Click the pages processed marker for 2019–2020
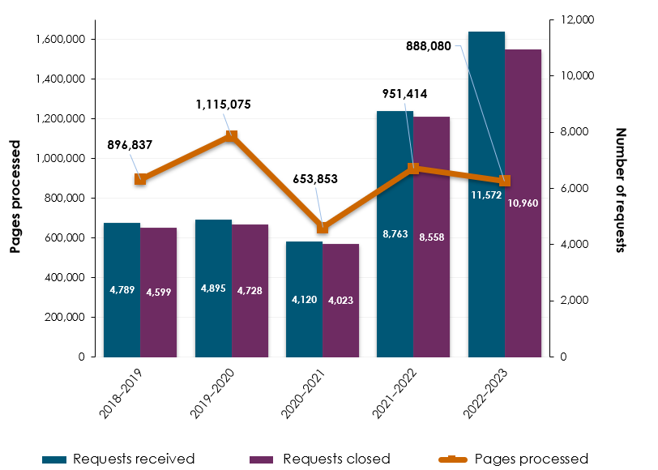click(x=231, y=136)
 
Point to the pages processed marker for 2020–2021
click(x=323, y=228)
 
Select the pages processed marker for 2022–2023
click(x=505, y=181)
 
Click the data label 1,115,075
click(x=223, y=105)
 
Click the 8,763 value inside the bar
click(x=395, y=233)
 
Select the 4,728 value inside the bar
click(x=250, y=289)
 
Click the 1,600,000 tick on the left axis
click(x=61, y=39)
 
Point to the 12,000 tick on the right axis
click(x=579, y=19)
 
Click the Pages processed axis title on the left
click(x=15, y=196)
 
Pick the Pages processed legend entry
click(x=519, y=459)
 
